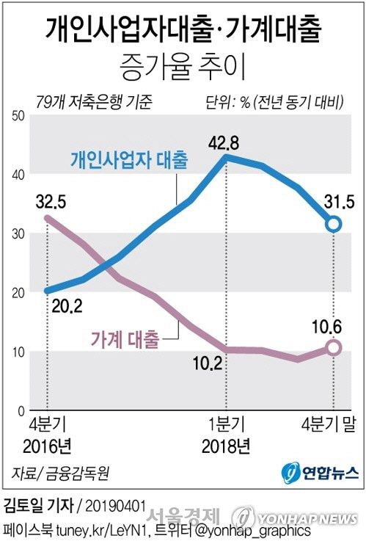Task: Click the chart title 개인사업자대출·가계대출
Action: point(183,30)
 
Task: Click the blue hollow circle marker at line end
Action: point(333,224)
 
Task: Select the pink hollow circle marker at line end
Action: point(333,347)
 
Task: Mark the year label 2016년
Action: point(48,445)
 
